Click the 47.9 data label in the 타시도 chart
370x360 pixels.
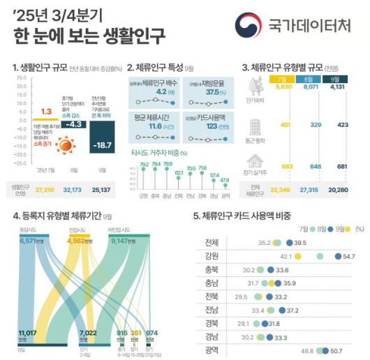click(224, 180)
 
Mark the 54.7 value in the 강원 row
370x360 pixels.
click(349, 256)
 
